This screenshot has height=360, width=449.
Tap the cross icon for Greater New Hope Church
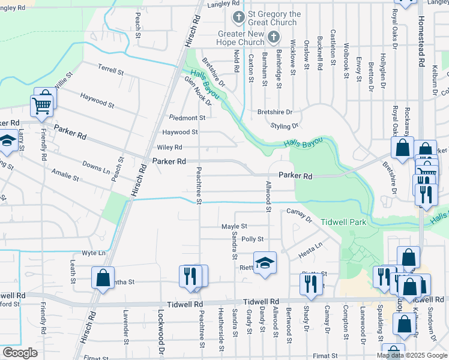274,37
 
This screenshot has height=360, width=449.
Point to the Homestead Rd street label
421,41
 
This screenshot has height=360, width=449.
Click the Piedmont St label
187,118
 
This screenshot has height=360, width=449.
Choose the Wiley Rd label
170,147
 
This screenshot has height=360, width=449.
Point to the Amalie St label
65,176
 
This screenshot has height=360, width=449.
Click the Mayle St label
234,226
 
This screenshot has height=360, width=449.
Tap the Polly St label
252,239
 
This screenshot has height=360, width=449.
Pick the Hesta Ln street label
310,251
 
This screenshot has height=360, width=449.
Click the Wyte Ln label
93,253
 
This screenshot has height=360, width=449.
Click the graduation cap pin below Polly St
264,263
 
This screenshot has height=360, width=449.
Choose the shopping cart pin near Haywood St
42,106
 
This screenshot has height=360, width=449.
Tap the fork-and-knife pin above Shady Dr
310,283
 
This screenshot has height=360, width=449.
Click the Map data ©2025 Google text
412,355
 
